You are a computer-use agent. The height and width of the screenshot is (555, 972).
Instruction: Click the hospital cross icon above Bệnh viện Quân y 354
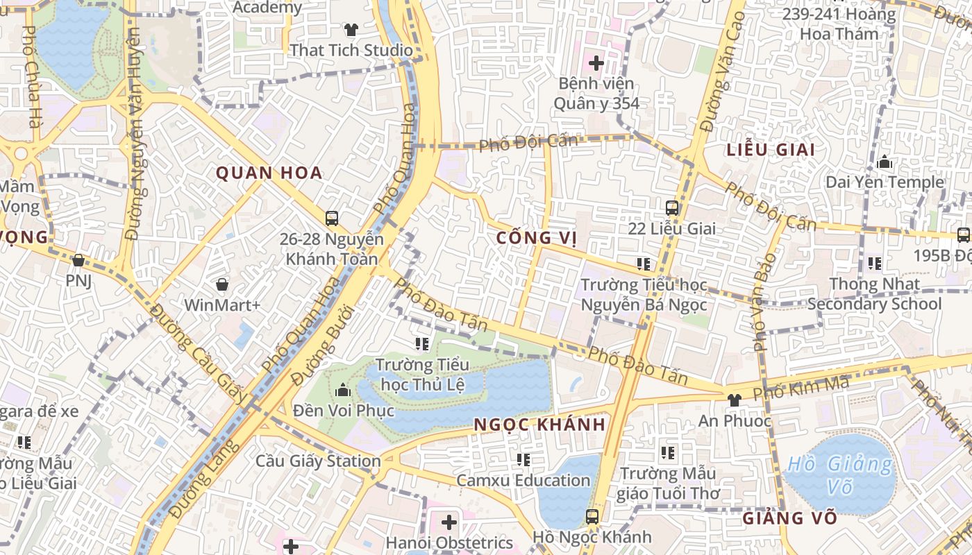(x=596, y=63)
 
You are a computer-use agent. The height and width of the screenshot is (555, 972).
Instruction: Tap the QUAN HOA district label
(x=269, y=173)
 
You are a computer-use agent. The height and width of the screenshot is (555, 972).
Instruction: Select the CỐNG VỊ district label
(x=537, y=238)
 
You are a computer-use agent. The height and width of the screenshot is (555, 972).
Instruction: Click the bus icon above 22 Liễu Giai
(x=671, y=207)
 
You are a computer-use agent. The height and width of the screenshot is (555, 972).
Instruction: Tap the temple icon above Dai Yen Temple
(x=885, y=163)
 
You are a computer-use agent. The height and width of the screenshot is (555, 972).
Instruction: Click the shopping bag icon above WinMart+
(x=222, y=284)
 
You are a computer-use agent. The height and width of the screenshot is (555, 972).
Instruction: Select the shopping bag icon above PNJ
(x=78, y=260)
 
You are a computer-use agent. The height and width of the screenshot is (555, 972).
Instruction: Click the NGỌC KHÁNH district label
(x=540, y=425)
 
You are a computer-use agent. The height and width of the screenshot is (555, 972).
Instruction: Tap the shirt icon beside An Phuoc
(x=734, y=400)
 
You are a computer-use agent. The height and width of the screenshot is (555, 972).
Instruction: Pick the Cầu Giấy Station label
(x=318, y=461)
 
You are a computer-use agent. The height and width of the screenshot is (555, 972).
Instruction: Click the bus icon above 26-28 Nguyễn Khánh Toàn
(x=331, y=219)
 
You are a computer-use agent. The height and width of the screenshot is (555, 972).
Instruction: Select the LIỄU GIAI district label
(x=771, y=150)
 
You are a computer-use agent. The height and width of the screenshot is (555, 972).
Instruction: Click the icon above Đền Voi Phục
(x=342, y=391)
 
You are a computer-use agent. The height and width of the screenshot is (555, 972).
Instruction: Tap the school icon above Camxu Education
(x=523, y=459)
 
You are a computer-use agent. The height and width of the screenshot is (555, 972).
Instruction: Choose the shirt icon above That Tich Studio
(x=351, y=30)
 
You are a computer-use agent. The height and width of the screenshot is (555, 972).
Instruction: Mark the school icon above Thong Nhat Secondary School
(x=874, y=264)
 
